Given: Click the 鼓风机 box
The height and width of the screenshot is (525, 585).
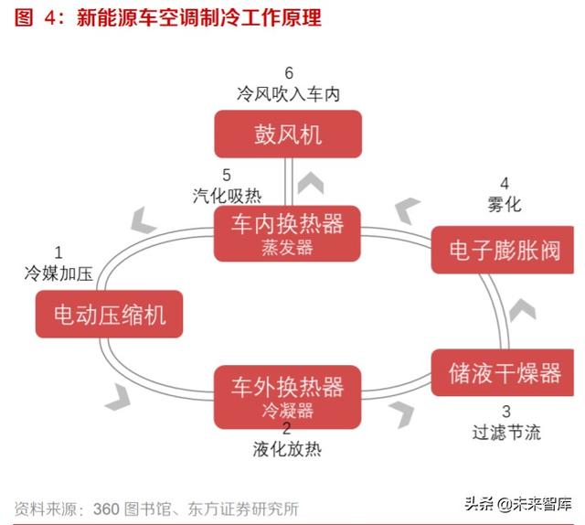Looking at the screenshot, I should point(288,134).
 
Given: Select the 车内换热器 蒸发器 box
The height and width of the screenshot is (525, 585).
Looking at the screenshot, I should point(287,233).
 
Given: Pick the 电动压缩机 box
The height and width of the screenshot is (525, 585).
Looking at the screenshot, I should point(109,316).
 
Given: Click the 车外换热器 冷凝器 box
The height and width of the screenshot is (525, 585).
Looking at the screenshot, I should point(287,392).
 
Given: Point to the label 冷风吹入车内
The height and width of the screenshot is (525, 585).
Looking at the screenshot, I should point(288,93).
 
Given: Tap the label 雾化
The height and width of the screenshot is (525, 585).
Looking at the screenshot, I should point(505,205).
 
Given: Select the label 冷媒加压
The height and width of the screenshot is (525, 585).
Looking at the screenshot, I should point(58,272).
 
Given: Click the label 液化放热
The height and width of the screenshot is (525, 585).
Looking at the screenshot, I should point(287,449).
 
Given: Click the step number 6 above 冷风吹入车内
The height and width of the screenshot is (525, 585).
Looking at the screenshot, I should point(289,73).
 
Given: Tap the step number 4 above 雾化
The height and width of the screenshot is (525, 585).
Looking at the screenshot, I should point(505,184).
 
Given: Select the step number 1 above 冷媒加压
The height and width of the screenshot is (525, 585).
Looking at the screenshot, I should point(58,252).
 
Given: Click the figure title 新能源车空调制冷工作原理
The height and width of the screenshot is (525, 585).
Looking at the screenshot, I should point(198,18).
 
